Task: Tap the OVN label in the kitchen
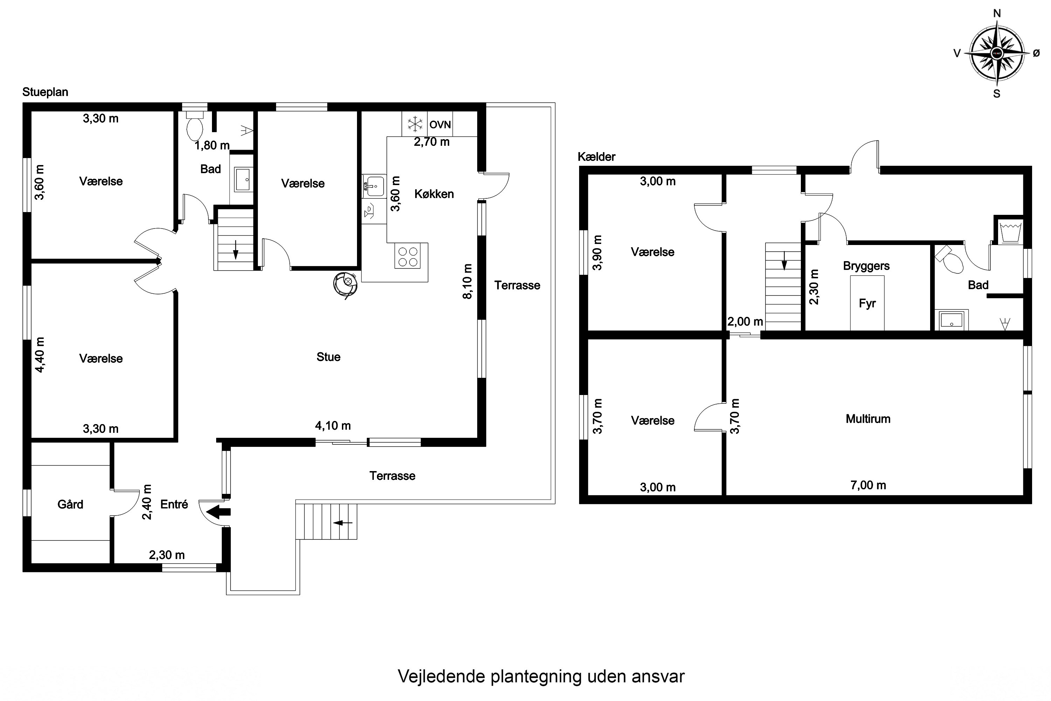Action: [440, 125]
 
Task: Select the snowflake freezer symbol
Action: [415, 124]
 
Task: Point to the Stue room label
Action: [329, 357]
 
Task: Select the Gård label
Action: [70, 504]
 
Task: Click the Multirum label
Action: [868, 419]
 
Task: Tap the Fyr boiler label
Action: [867, 304]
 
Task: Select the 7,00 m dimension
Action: [868, 485]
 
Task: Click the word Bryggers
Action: [866, 266]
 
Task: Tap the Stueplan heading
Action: [45, 92]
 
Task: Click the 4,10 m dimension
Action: [333, 426]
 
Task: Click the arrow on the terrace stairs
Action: [343, 523]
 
